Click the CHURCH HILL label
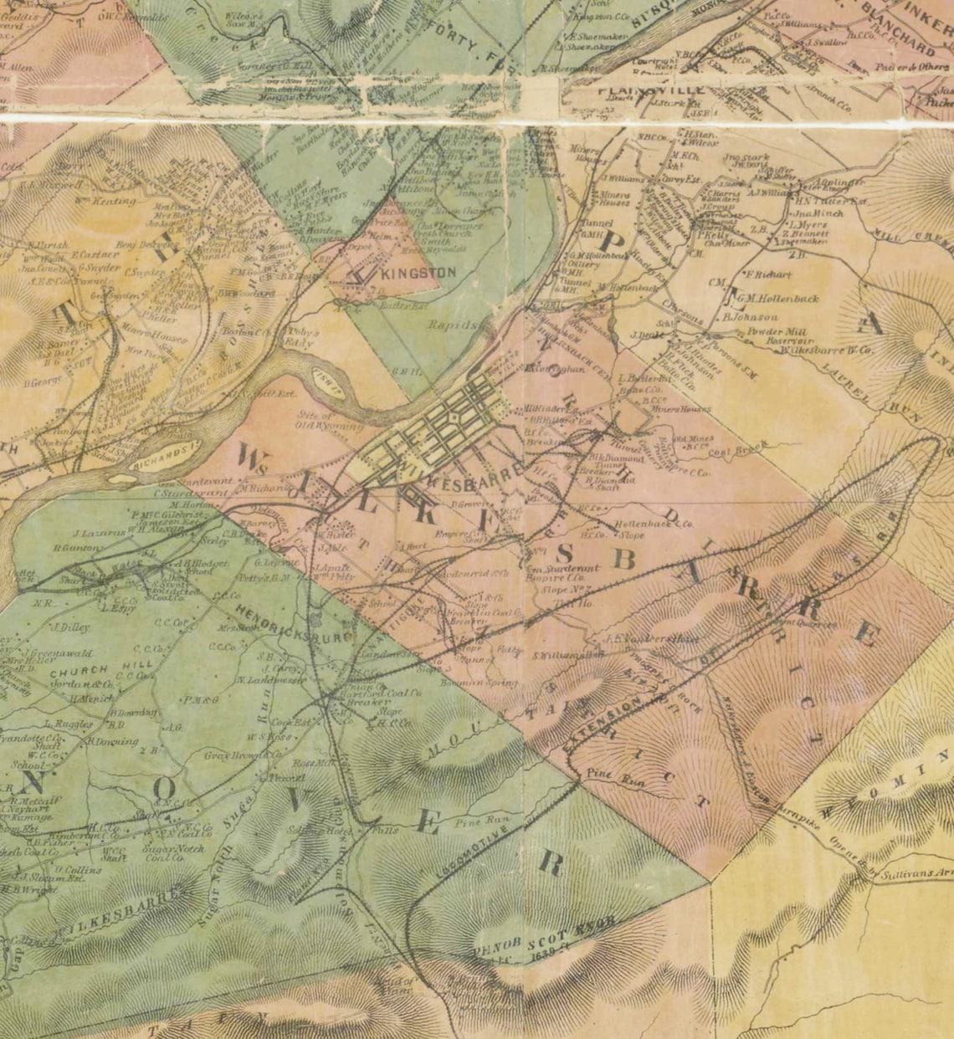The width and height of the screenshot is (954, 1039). click(79, 670)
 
